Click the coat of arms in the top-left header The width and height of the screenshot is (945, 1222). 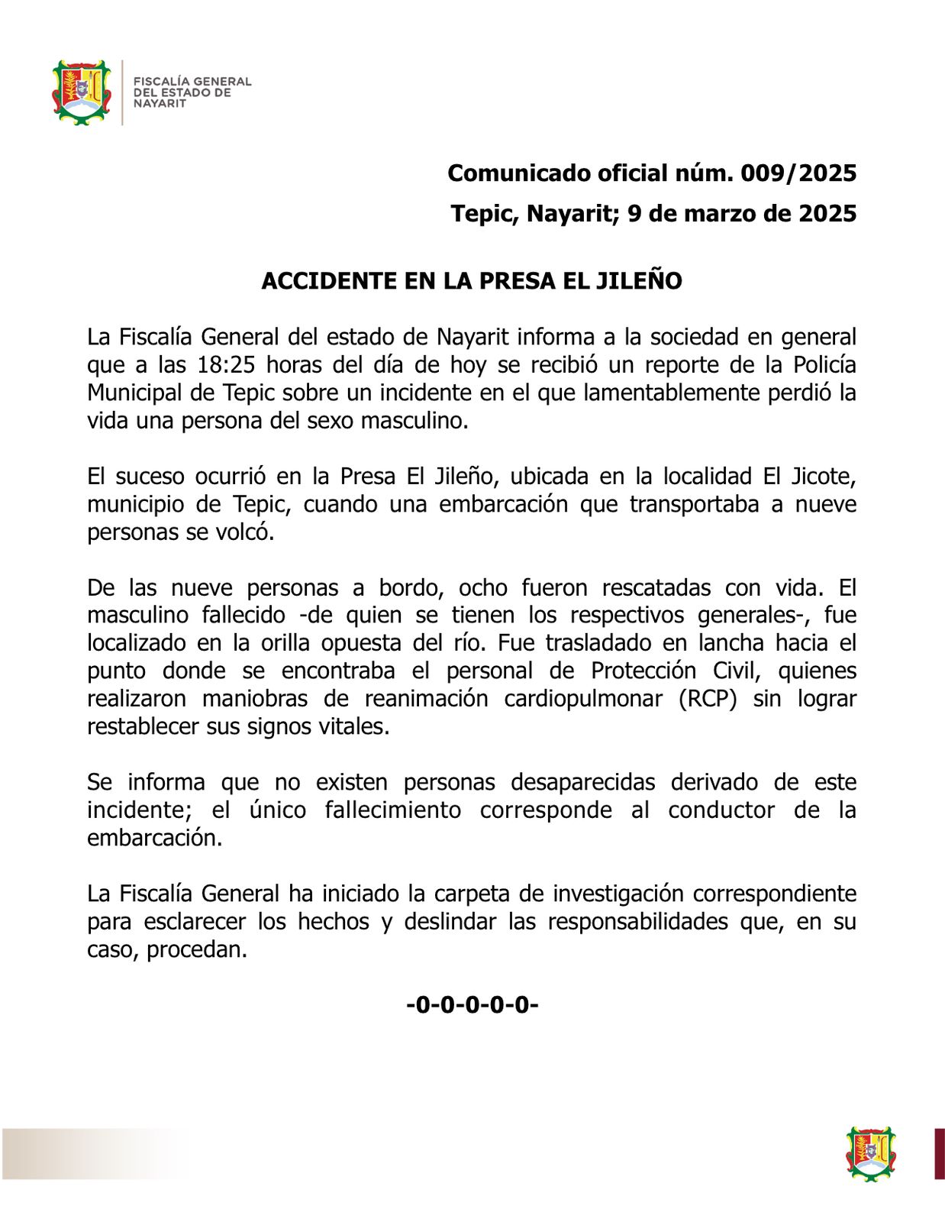(x=81, y=92)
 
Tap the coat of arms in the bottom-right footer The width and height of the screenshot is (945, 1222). (x=870, y=1153)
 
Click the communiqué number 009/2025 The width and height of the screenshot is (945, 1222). (x=798, y=173)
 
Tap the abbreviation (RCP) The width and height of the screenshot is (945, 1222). (x=708, y=699)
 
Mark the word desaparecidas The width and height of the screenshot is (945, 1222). (x=582, y=783)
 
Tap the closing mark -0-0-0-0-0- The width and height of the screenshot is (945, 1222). (x=472, y=1004)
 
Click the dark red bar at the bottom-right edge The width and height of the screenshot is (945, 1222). (x=939, y=1153)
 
